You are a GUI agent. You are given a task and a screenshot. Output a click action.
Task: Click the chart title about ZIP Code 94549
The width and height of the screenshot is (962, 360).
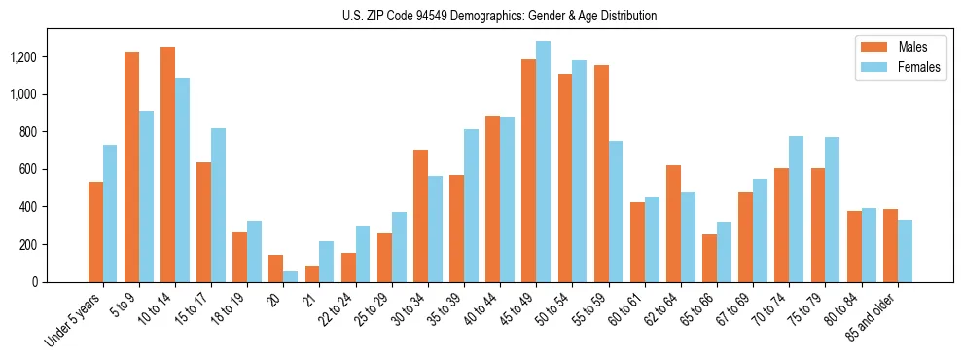point(500,16)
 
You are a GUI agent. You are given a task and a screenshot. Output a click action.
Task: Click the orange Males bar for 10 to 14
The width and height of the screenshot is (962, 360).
point(168,164)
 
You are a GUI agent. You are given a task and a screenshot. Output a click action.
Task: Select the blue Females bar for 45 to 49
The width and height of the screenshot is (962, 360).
point(543,162)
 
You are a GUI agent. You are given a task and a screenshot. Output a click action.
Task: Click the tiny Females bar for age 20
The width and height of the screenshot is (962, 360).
point(291,277)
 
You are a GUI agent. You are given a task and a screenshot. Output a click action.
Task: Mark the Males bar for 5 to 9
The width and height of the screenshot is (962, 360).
point(132,166)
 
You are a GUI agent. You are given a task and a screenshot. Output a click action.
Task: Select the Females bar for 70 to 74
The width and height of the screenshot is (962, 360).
point(796,209)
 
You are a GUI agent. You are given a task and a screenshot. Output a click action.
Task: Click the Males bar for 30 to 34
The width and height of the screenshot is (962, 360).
point(420,216)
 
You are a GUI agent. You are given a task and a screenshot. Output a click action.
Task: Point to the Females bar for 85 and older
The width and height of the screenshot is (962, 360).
point(905,251)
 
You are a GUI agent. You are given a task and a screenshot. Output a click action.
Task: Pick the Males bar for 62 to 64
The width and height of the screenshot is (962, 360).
point(673,224)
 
